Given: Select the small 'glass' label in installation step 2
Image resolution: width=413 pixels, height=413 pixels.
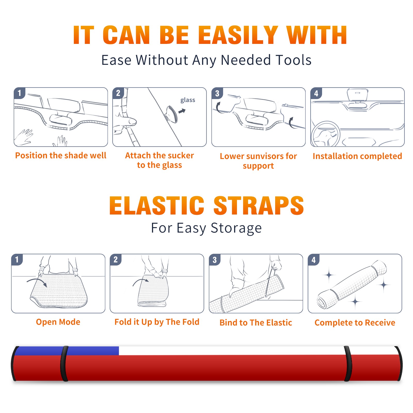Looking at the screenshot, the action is pos(188,100).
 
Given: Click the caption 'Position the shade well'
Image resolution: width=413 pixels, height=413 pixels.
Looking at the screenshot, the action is pos(61,155).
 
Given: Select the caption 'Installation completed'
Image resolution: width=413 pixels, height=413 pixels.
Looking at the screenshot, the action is pos(357,156).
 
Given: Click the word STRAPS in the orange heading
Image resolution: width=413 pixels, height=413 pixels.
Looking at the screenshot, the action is pos(259,205).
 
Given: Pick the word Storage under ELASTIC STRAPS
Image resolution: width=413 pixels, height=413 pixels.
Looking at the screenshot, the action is pos(236,228).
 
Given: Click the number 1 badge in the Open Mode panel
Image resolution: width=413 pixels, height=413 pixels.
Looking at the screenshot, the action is pos(17,259).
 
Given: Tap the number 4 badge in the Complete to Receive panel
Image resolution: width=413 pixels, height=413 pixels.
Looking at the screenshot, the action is pos(314,260).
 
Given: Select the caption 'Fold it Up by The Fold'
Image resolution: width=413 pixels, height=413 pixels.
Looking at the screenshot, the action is pos(157,322).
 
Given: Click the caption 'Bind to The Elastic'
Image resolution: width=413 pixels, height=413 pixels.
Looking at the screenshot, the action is pos(256,322).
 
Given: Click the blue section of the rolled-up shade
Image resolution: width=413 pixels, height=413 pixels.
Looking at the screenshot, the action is pos(67,351).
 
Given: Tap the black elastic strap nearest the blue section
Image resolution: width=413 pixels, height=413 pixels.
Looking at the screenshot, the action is pos(64,363).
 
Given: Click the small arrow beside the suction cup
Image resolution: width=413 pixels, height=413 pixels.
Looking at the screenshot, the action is pos(182,111).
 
